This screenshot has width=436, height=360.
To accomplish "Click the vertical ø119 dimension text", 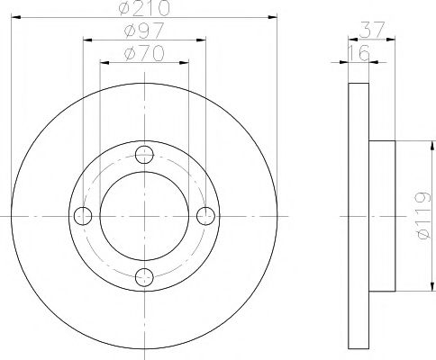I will (418, 216).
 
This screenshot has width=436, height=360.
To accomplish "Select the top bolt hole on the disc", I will (144, 154).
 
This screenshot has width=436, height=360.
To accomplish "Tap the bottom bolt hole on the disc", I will (144, 276).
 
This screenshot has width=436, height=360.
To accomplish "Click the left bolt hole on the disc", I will (83, 215).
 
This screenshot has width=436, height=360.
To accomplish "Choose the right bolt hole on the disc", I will (205, 215).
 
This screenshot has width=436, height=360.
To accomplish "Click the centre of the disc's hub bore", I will (144, 215).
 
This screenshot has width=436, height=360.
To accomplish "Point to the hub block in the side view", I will (382, 216).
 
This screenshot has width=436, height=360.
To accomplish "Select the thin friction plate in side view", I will (359, 216).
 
